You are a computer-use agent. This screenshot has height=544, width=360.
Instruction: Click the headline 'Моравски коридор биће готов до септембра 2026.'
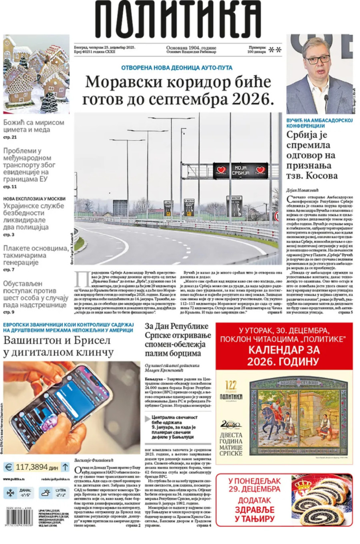[178, 90]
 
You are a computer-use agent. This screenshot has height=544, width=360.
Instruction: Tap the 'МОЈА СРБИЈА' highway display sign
[240, 170]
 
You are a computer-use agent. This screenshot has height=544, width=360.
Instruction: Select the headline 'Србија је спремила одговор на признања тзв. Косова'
[312, 155]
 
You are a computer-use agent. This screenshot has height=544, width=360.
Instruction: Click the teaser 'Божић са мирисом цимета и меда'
[34, 126]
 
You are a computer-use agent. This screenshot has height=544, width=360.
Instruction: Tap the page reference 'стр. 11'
[10, 187]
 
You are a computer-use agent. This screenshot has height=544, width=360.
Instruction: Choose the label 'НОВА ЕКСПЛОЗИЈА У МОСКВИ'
[34, 199]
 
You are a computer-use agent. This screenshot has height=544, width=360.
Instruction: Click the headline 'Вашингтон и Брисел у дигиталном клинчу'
[58, 346]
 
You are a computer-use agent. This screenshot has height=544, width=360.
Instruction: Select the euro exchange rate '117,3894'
[32, 467]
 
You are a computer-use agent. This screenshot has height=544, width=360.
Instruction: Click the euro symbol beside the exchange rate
[8, 467]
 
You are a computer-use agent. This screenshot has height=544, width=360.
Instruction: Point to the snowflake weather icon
[10, 493]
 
